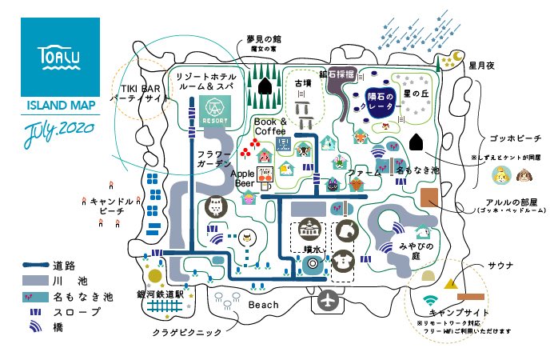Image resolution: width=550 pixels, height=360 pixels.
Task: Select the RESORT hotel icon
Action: [x=215, y=109]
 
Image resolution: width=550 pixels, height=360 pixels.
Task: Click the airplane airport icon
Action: [x=328, y=301]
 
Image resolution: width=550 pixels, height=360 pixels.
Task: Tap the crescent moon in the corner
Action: [x=457, y=57]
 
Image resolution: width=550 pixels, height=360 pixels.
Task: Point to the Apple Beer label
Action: [x=242, y=178]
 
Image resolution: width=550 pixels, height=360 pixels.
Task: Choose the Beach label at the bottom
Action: [x=264, y=305]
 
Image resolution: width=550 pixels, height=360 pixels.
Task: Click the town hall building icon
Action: [x=309, y=230]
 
